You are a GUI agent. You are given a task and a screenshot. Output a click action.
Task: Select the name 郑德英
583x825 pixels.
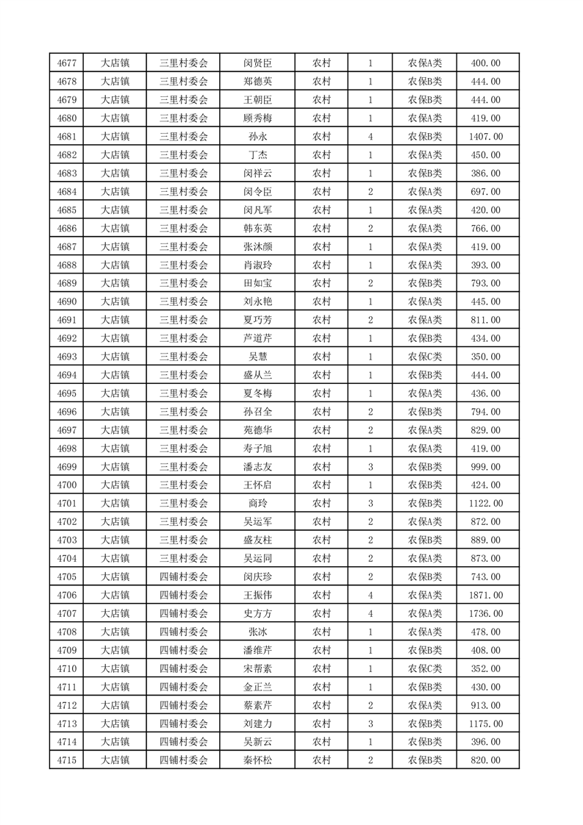pyautogui.click(x=257, y=82)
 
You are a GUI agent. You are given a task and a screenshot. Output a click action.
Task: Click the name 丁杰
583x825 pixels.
pyautogui.click(x=257, y=155)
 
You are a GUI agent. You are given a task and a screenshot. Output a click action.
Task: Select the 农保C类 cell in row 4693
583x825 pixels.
pyautogui.click(x=425, y=357)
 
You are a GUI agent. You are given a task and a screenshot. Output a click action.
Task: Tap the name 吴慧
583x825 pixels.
pyautogui.click(x=257, y=357)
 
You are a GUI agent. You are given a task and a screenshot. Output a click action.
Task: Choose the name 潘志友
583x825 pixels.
pyautogui.click(x=257, y=467)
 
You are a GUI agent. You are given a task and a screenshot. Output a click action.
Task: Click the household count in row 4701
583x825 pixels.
pyautogui.click(x=371, y=504)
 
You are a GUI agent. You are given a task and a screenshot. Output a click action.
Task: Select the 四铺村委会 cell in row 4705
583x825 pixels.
pyautogui.click(x=184, y=576)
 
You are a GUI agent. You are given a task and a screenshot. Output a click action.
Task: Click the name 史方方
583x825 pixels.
pyautogui.click(x=257, y=613)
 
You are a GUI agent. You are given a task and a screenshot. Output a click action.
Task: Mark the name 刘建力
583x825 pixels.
pyautogui.click(x=257, y=724)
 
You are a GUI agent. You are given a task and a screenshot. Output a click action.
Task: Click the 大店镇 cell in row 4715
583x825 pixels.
pyautogui.click(x=115, y=760)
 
